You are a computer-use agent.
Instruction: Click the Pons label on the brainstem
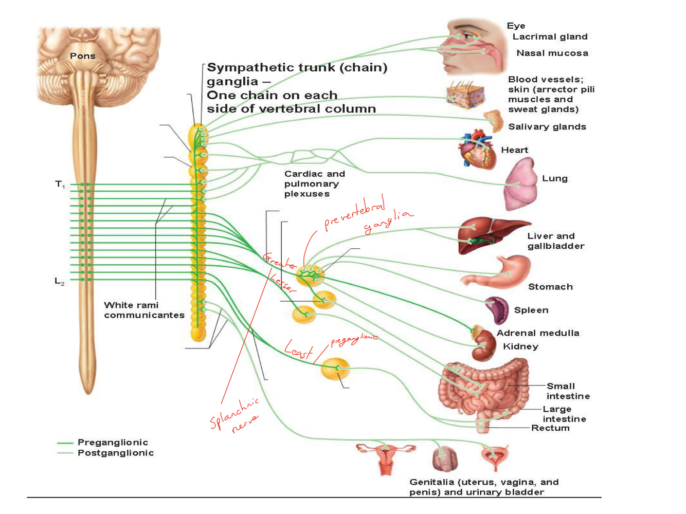pyautogui.click(x=82, y=56)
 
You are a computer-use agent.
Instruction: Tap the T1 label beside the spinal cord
pyautogui.click(x=60, y=184)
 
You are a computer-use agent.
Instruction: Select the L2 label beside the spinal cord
pyautogui.click(x=60, y=281)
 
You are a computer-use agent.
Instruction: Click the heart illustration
pyautogui.click(x=477, y=151)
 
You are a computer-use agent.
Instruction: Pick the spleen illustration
pyautogui.click(x=497, y=310)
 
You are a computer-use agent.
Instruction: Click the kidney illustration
pyautogui.click(x=483, y=345)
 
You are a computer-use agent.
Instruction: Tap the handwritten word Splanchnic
pyautogui.click(x=234, y=413)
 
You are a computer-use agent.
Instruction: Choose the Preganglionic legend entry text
pyautogui.click(x=113, y=442)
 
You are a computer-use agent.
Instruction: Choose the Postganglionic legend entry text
pyautogui.click(x=116, y=453)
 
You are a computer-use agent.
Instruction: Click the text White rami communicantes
pyautogui.click(x=144, y=310)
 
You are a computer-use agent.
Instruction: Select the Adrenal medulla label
pyautogui.click(x=538, y=333)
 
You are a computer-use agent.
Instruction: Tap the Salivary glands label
pyautogui.click(x=547, y=127)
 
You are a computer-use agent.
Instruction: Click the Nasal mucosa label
pyautogui.click(x=552, y=53)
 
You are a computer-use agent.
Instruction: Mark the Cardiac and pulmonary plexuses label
pyautogui.click(x=314, y=183)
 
